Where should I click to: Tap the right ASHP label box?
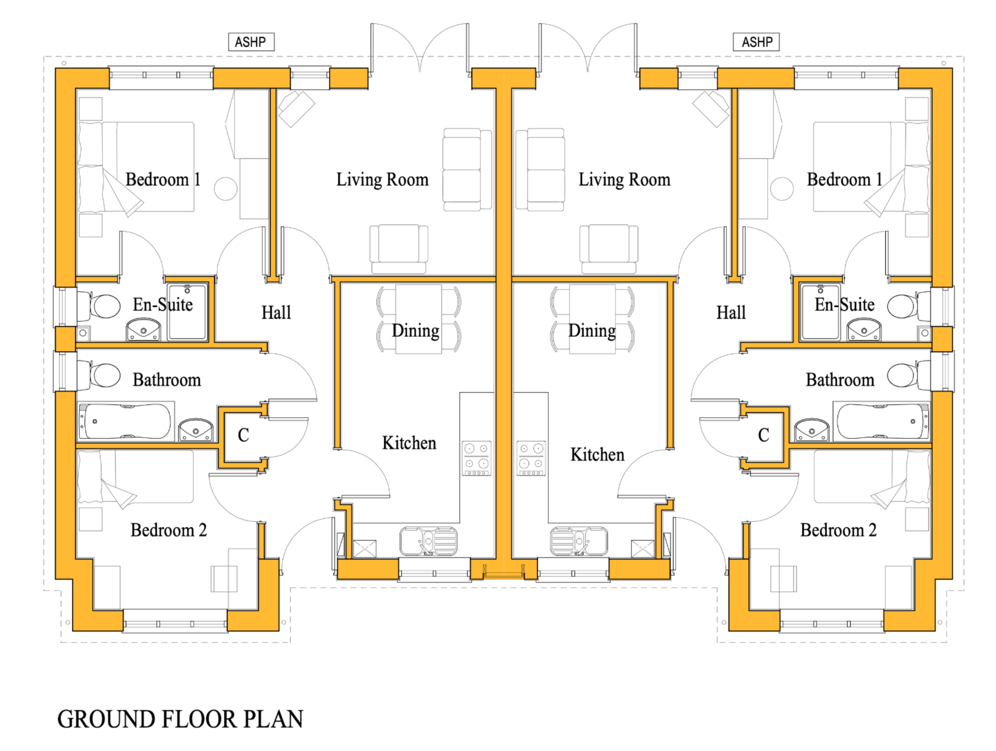point(756,42)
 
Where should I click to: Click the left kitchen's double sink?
point(428,540)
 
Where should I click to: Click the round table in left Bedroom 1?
point(225,189)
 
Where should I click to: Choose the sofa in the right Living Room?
point(540,169)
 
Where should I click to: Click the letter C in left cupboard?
point(243,435)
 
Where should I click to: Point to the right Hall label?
point(731,312)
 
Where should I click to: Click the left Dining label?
point(415,331)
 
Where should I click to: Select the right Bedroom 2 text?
point(838,530)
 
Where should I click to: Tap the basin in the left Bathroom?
point(196,430)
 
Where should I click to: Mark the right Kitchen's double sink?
point(579,540)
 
